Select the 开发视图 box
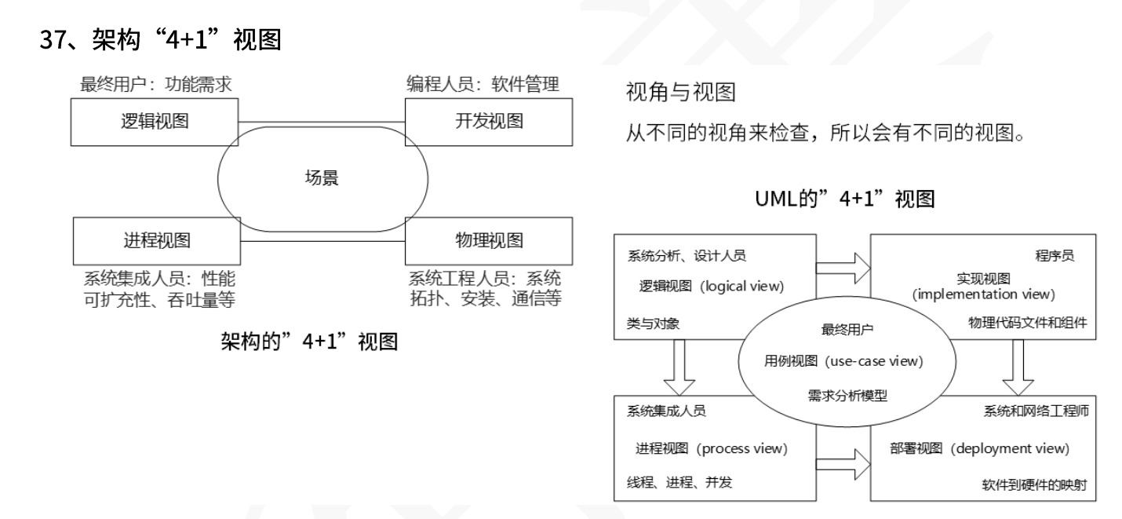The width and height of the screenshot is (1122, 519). [489, 122]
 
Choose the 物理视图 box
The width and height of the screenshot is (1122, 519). [489, 239]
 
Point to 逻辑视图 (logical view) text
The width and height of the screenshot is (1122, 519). [710, 286]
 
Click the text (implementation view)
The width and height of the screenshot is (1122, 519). [983, 294]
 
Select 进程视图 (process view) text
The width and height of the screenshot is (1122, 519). [711, 448]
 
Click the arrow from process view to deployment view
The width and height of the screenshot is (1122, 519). [843, 462]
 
